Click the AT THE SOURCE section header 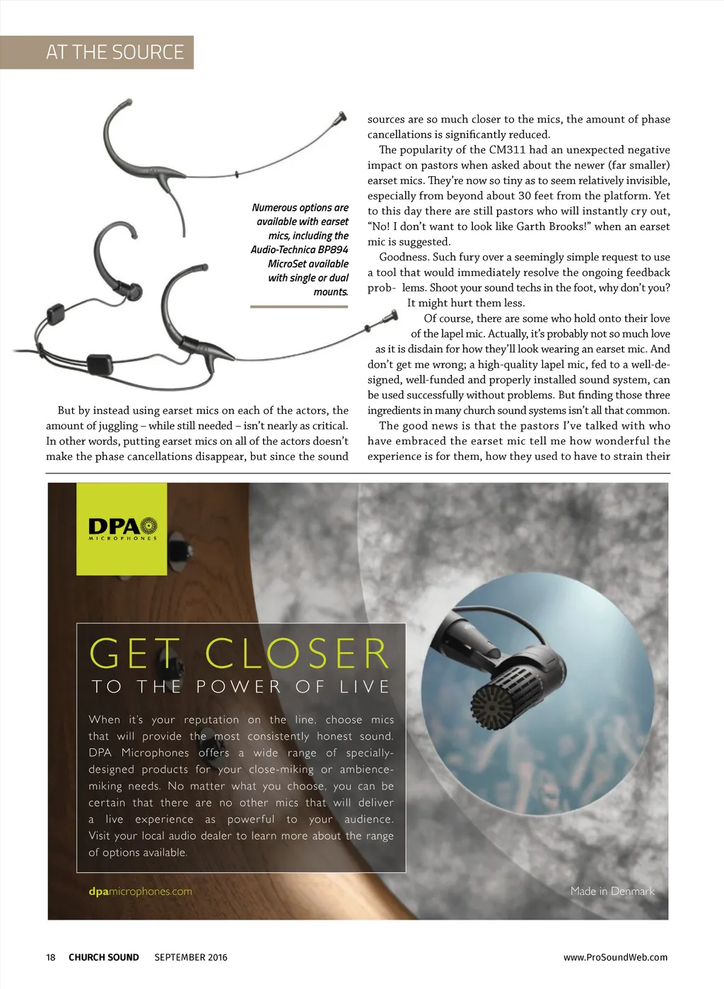pyautogui.click(x=115, y=52)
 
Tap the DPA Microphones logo pyautogui.click(x=122, y=528)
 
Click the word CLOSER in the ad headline pyautogui.click(x=297, y=653)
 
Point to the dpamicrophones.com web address pyautogui.click(x=140, y=891)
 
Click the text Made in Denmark pyautogui.click(x=612, y=891)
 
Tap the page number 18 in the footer pyautogui.click(x=51, y=957)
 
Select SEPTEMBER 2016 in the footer pyautogui.click(x=191, y=957)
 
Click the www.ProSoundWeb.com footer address pyautogui.click(x=615, y=957)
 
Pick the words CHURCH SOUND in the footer pyautogui.click(x=104, y=957)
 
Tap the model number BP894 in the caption pyautogui.click(x=333, y=250)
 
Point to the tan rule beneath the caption pyautogui.click(x=299, y=307)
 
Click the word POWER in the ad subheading pyautogui.click(x=238, y=687)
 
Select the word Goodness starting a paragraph pyautogui.click(x=404, y=258)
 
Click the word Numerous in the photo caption pyautogui.click(x=274, y=208)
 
